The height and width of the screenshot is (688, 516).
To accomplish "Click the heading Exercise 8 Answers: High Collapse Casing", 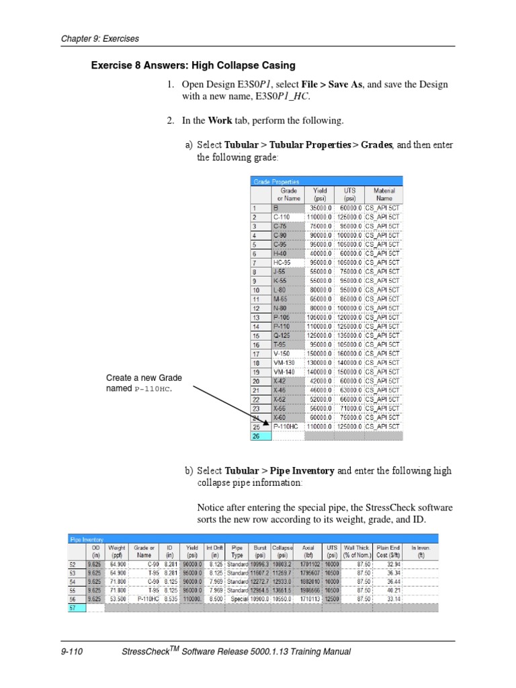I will coord(193,65).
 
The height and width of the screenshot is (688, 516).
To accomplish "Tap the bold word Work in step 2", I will coord(220,120).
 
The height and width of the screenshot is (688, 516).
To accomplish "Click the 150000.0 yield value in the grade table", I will coord(319,353).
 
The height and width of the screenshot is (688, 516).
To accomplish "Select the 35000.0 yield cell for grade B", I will coord(320,208).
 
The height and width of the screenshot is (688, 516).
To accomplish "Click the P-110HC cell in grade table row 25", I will coord(287,426).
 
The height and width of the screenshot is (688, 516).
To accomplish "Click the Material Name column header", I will coord(384,194).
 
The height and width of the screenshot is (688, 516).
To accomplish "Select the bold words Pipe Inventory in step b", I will coord(302,471).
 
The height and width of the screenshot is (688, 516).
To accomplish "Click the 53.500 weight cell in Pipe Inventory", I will coord(117,598).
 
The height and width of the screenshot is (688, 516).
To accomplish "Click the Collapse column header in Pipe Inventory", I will coord(283,551).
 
